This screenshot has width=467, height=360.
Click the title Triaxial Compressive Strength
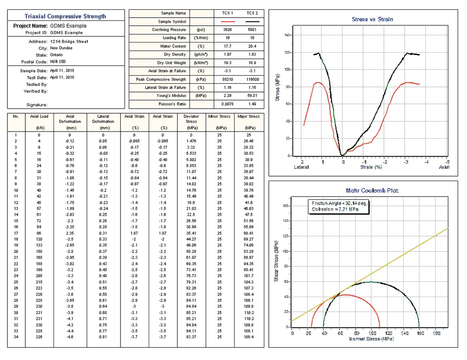coord(65,16)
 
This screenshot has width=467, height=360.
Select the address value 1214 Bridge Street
coord(69,41)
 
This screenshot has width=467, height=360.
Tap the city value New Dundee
coord(62,48)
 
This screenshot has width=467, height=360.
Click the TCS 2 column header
coord(252,13)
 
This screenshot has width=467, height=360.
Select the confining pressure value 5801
coord(252,30)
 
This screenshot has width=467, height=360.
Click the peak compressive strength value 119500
coord(252,79)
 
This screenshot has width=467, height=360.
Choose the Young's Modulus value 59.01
coord(252,96)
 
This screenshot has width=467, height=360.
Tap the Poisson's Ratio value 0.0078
coord(229,104)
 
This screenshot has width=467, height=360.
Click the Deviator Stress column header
coord(191,119)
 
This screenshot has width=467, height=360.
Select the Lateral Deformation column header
coord(103,119)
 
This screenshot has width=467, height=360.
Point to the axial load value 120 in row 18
coord(39,240)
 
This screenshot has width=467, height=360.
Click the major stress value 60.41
coord(249,233)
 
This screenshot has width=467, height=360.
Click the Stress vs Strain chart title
coord(372,19)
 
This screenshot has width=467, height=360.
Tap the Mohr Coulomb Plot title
coord(372,190)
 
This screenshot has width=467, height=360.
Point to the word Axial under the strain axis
coord(444,167)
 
